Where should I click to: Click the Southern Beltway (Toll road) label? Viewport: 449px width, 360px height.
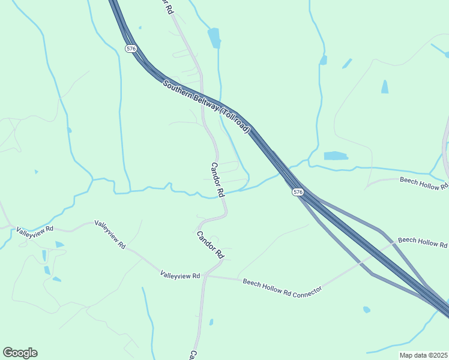click(x=206, y=106)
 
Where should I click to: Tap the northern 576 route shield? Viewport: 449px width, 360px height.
click(x=131, y=49)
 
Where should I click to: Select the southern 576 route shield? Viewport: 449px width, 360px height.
click(x=298, y=192)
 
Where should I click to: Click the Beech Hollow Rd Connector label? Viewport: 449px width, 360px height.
click(x=282, y=285)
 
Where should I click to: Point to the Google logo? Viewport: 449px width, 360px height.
click(x=20, y=353)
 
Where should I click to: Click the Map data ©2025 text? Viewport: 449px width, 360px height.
click(x=423, y=355)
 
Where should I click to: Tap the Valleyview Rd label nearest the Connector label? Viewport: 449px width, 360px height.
click(x=180, y=275)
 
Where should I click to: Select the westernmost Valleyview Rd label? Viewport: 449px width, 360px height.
click(x=35, y=229)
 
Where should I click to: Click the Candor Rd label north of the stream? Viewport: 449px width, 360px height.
click(x=217, y=180)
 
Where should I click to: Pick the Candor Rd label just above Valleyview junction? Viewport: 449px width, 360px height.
click(x=210, y=245)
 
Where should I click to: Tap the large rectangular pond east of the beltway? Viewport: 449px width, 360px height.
click(x=336, y=156)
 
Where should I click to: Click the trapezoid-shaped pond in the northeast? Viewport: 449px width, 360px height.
click(x=384, y=87)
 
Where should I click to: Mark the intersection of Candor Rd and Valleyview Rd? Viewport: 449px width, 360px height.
click(x=205, y=276)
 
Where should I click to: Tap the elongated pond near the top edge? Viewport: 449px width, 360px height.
click(x=214, y=38)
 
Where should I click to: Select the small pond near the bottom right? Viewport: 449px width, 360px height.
click(x=366, y=310)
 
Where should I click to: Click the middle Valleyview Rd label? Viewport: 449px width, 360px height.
click(x=109, y=235)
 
